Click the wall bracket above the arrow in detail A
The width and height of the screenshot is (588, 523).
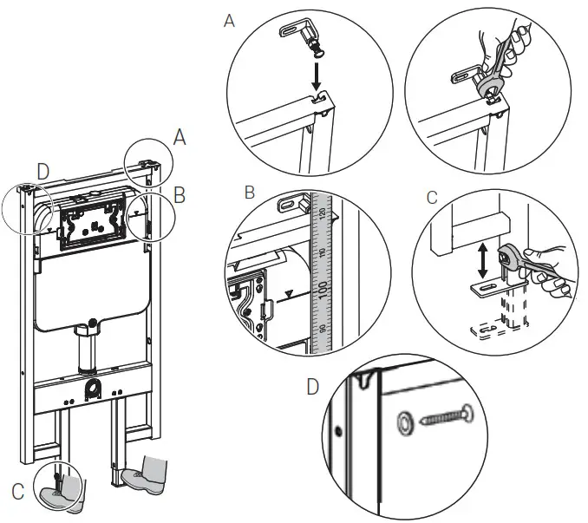point(295,34)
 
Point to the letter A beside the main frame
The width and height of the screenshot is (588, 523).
point(180,136)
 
